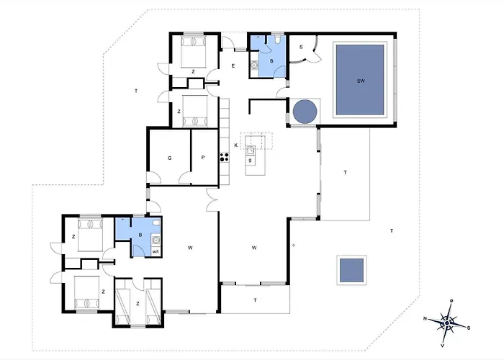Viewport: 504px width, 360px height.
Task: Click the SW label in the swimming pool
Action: click(x=361, y=81)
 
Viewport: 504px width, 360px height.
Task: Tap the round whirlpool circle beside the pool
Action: click(x=305, y=111)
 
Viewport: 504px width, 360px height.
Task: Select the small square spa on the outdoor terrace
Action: click(x=351, y=270)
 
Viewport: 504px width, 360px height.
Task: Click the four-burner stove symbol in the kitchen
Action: click(x=225, y=157)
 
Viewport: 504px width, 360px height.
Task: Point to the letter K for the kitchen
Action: click(x=235, y=145)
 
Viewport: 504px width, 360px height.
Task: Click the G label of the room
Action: click(x=169, y=158)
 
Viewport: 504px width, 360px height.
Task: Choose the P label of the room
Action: click(x=203, y=158)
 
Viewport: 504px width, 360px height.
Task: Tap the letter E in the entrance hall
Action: click(x=233, y=66)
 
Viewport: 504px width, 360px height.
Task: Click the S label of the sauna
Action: click(x=301, y=47)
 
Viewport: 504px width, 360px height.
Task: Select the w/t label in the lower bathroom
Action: click(x=156, y=252)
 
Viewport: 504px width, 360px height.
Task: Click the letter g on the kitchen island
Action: click(x=250, y=160)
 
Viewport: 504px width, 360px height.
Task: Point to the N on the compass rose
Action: click(x=425, y=318)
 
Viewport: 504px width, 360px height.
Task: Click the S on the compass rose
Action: click(x=469, y=328)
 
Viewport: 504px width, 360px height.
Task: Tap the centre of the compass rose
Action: click(x=447, y=323)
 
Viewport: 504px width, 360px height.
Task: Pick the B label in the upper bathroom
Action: click(x=271, y=60)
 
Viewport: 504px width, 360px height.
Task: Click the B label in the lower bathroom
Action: click(x=140, y=235)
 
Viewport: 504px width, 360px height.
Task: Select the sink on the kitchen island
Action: click(x=251, y=150)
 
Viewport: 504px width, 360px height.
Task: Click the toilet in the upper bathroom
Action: click(x=278, y=39)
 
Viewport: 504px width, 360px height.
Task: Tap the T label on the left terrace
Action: click(x=136, y=91)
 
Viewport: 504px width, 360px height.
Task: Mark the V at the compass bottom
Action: click(x=443, y=346)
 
